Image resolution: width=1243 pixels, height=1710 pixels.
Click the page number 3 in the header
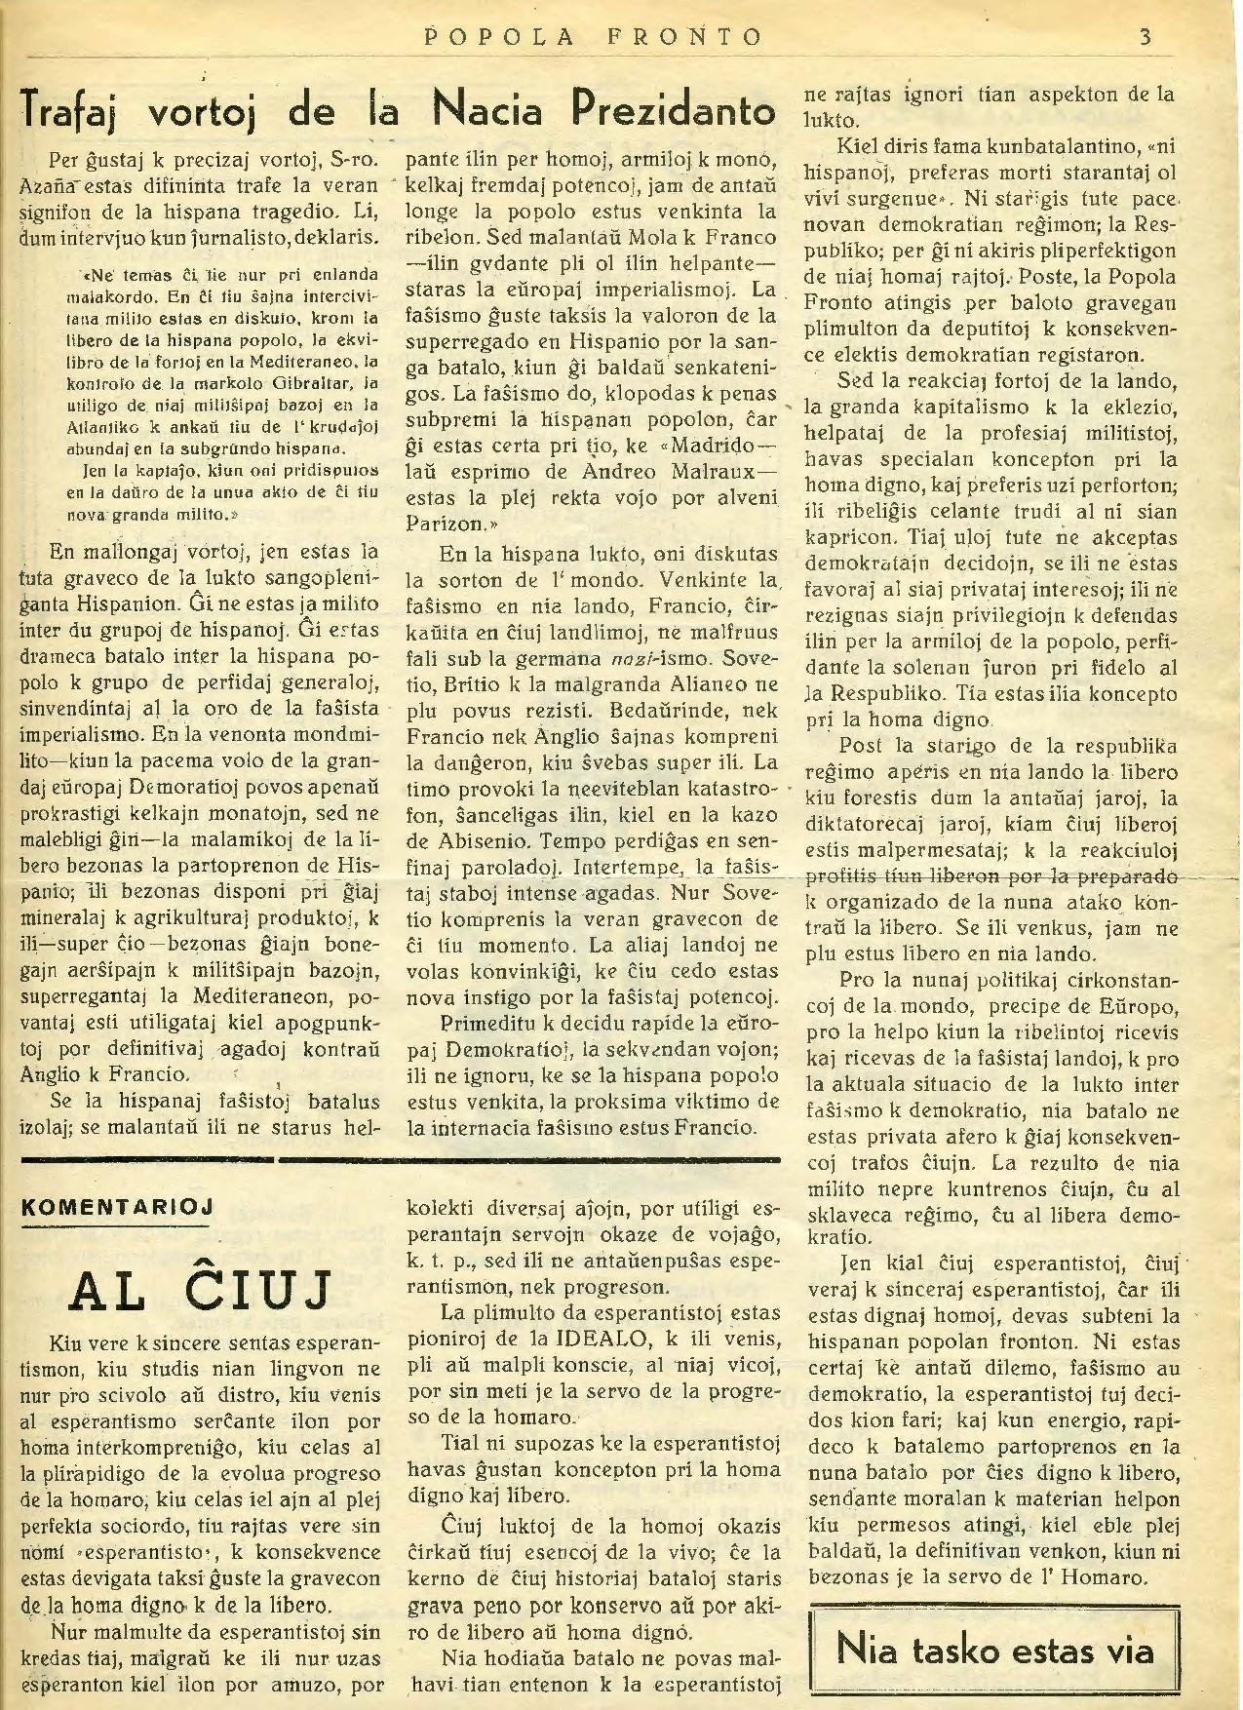coord(1146,38)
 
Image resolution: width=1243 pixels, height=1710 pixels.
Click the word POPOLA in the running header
coord(481,38)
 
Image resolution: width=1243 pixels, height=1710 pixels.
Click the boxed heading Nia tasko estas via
coord(994,1651)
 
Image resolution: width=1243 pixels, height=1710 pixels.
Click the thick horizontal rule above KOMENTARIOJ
coord(400,1159)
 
